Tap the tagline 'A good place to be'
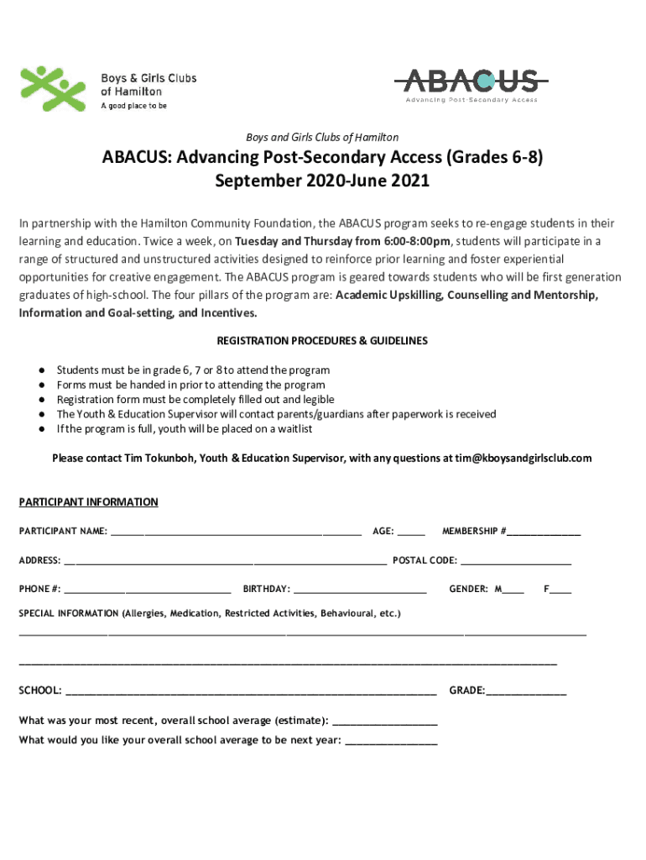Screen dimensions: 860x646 point(133,107)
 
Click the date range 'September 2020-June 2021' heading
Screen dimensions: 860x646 point(322,181)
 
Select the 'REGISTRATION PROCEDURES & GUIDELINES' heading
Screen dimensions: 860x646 point(322,341)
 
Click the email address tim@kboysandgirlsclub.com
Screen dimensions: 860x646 point(524,459)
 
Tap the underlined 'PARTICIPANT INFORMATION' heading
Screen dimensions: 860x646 point(88,502)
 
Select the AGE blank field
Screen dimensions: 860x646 point(411,533)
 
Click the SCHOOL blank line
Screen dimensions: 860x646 point(250,693)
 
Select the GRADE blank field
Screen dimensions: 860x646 point(526,693)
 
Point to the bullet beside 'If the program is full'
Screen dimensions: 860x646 point(40,429)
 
